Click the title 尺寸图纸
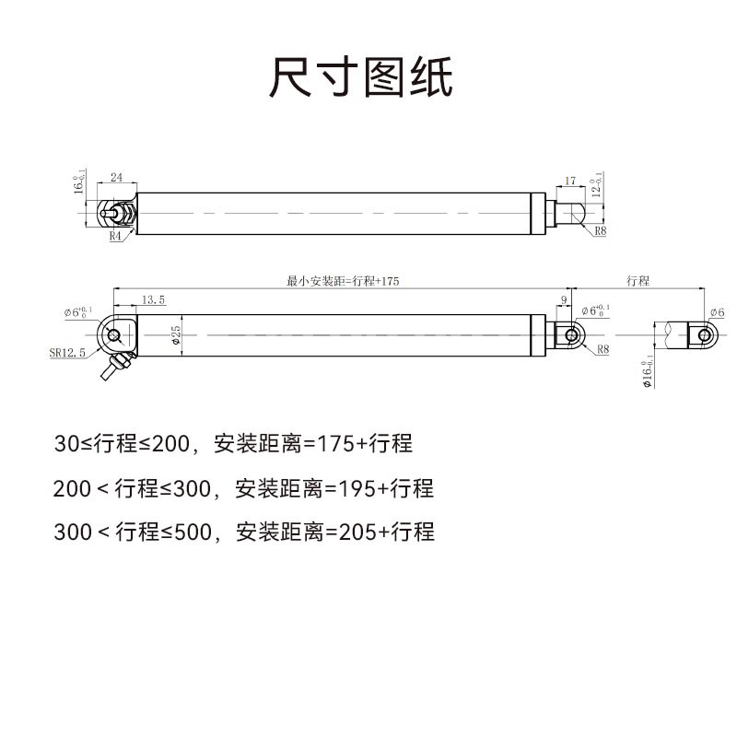[361, 77]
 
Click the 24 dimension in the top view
[117, 176]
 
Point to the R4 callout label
[115, 237]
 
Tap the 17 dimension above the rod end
[570, 181]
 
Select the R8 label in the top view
[600, 231]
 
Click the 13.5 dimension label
[154, 299]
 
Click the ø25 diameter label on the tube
[176, 335]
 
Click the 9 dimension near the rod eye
[564, 299]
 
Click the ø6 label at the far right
[717, 313]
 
